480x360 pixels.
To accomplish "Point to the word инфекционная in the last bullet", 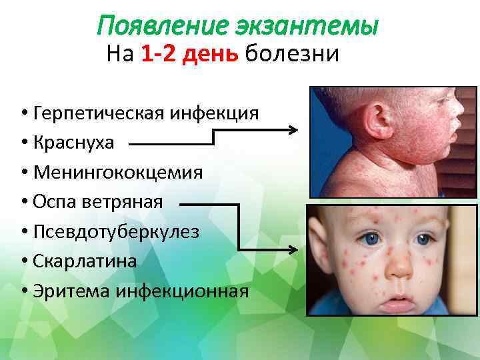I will pos(182,291).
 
